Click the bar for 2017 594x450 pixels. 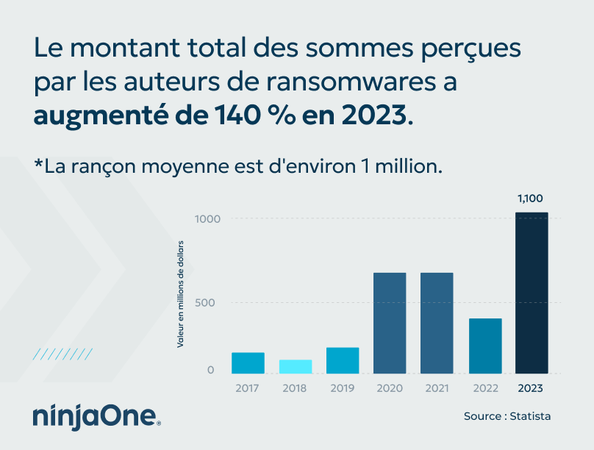click(248, 362)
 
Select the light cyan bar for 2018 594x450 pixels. click(296, 366)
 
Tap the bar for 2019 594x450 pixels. click(343, 360)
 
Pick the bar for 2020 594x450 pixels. click(390, 323)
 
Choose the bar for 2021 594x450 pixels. click(437, 323)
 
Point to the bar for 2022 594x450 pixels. click(485, 346)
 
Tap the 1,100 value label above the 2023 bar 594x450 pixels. click(531, 199)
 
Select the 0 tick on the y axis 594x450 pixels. click(211, 370)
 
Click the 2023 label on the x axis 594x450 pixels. click(532, 388)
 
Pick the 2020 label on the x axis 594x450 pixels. click(390, 388)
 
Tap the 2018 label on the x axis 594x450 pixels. click(295, 388)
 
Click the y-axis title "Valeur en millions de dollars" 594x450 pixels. click(180, 293)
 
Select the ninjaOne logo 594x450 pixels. click(96, 415)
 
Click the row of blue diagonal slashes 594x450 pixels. click(63, 354)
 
